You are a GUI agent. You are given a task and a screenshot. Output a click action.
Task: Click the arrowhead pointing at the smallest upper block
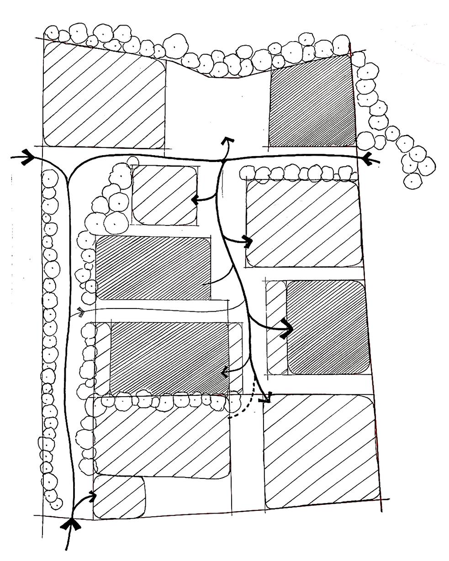[194, 200]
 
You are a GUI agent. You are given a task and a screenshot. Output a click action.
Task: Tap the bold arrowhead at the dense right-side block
[288, 327]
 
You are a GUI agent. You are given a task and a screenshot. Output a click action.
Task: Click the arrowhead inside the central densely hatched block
[223, 372]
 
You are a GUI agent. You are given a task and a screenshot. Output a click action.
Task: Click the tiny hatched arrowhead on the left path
[81, 312]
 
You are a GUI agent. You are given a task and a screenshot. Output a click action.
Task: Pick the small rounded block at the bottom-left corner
[118, 497]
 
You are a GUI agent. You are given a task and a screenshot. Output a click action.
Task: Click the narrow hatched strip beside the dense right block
[275, 326]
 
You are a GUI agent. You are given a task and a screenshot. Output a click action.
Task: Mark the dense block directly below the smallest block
[153, 268]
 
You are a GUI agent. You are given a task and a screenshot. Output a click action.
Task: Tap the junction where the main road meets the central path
[222, 161]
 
